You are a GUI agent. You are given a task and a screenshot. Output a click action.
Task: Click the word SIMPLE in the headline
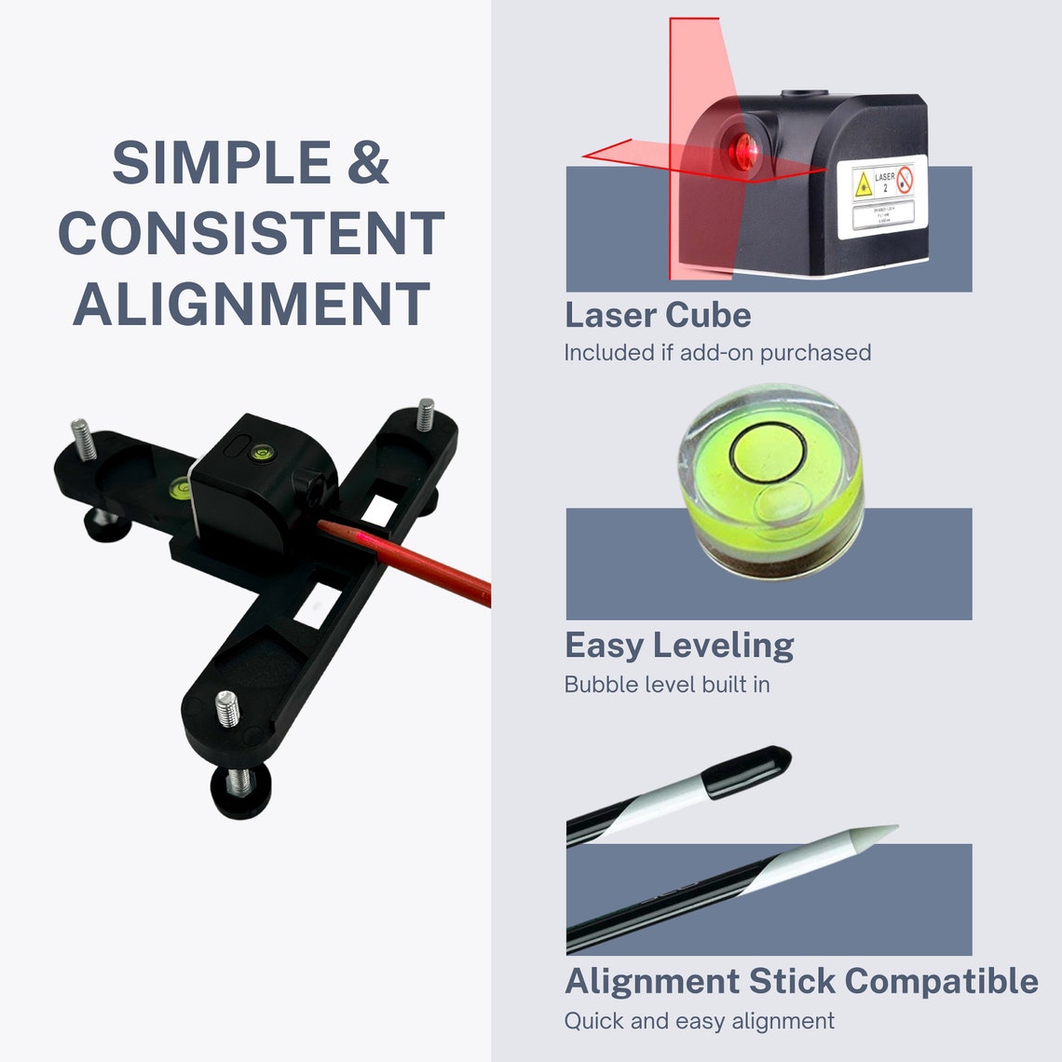pyautogui.click(x=221, y=163)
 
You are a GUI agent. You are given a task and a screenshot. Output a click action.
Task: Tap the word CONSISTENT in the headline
pyautogui.click(x=251, y=234)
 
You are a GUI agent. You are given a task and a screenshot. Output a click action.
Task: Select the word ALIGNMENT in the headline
pyautogui.click(x=252, y=305)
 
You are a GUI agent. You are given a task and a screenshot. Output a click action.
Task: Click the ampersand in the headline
pyautogui.click(x=368, y=163)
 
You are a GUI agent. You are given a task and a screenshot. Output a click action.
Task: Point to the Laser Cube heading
pyautogui.click(x=658, y=315)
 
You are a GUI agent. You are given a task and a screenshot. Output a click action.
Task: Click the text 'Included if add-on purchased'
pyautogui.click(x=717, y=353)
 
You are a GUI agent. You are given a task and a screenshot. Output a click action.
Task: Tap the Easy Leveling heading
pyautogui.click(x=679, y=645)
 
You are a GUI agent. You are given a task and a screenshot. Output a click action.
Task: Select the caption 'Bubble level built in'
pyautogui.click(x=667, y=685)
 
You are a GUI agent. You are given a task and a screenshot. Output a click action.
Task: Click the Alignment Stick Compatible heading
pyautogui.click(x=801, y=981)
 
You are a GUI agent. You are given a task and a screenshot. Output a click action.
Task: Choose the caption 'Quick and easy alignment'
pyautogui.click(x=699, y=1021)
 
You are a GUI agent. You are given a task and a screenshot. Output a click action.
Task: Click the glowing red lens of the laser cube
pyautogui.click(x=744, y=150)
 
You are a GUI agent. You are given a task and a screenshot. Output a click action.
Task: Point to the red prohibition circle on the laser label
pyautogui.click(x=904, y=180)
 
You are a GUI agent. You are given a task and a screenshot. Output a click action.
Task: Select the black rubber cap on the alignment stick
pyautogui.click(x=749, y=771)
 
